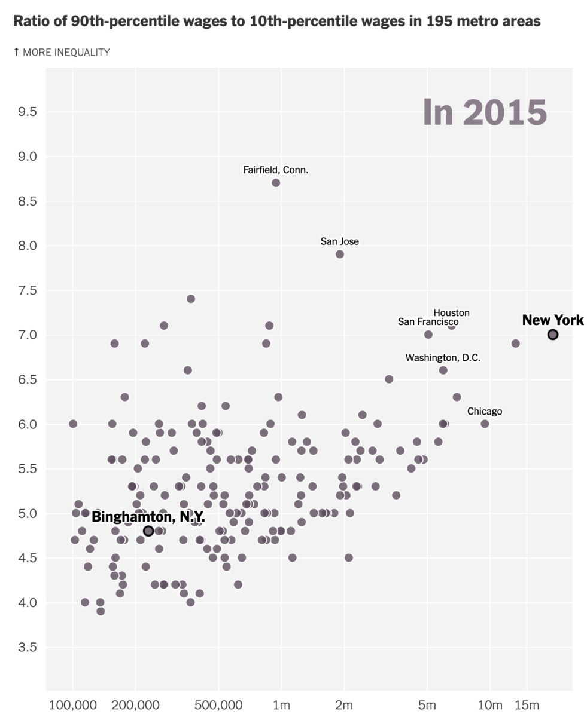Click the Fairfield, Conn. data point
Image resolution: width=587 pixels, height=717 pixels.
point(276,183)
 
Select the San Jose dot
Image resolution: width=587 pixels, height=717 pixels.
point(340,254)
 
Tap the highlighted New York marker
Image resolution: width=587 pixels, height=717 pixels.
point(553,335)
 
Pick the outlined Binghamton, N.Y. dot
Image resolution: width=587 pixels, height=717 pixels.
point(148,531)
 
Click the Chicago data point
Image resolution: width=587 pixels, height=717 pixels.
point(485,424)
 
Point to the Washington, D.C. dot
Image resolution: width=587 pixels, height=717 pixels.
point(443,370)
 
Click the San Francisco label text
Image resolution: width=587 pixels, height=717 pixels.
point(428,322)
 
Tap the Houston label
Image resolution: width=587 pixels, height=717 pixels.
point(451,312)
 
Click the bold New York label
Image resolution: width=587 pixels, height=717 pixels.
point(553,320)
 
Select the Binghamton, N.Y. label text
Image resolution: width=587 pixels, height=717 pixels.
point(148,517)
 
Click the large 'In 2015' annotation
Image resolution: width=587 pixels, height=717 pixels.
point(485,112)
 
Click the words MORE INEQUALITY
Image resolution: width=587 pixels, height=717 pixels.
point(66,52)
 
